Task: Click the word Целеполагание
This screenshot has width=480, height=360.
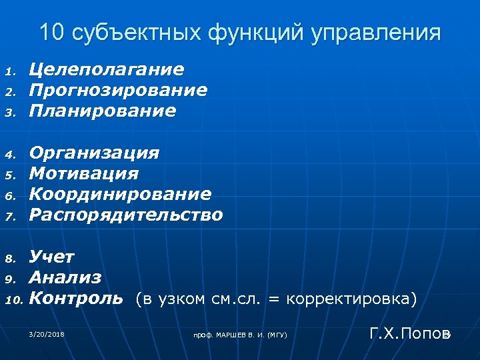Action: click(107, 69)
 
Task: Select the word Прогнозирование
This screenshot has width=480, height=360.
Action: click(118, 89)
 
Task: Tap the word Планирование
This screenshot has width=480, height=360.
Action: click(103, 110)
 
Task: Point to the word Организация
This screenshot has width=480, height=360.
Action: click(95, 153)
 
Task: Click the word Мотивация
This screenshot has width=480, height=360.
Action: click(84, 174)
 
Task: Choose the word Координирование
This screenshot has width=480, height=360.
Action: click(120, 194)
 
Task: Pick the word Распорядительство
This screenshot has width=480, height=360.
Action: click(126, 215)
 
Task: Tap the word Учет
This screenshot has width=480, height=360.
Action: click(52, 257)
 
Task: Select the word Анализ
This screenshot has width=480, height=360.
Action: click(65, 277)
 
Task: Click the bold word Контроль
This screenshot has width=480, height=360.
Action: click(76, 298)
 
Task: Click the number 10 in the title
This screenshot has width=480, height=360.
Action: click(52, 32)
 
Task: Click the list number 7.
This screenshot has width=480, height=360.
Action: click(11, 216)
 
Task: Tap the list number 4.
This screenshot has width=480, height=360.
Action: click(11, 155)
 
